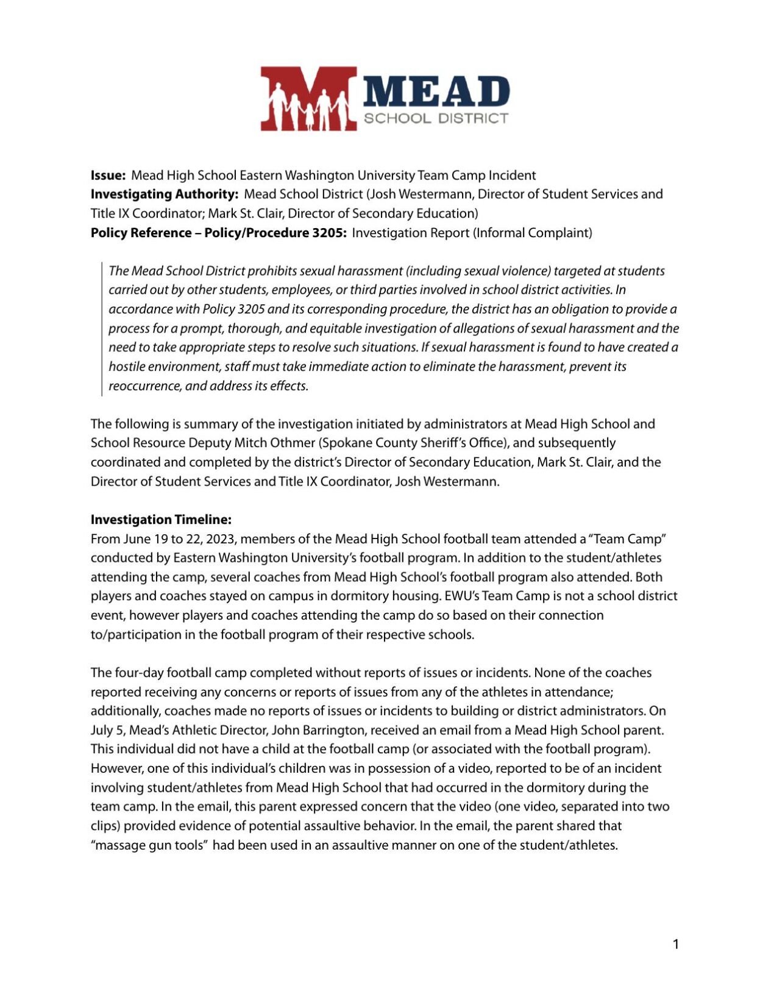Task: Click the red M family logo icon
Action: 308,99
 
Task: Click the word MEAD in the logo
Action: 436,91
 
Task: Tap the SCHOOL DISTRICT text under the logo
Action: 436,118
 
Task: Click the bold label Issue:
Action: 108,176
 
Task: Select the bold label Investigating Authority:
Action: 164,195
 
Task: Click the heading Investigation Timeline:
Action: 161,520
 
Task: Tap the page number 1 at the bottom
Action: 675,945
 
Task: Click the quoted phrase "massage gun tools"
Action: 149,845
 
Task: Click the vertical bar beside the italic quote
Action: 102,329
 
